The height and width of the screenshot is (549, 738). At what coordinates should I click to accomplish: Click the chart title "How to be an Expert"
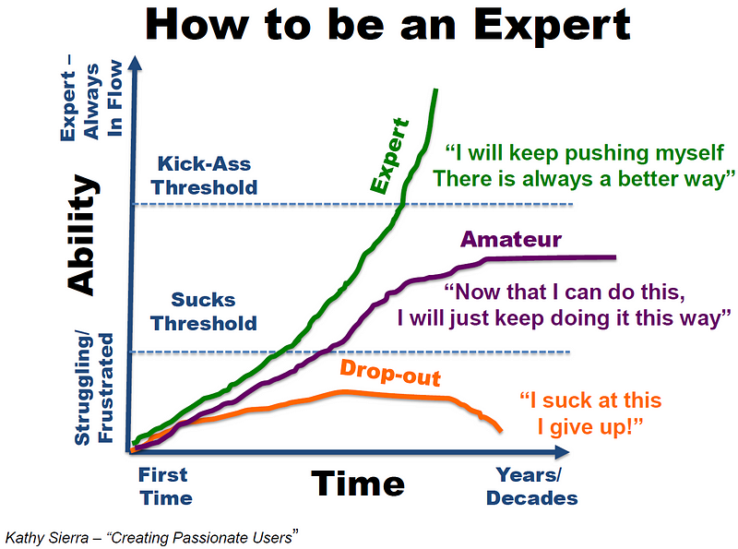coord(387,26)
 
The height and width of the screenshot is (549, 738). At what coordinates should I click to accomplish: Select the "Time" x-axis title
coord(358,483)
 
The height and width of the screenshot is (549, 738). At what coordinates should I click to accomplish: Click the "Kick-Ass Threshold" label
coord(204,175)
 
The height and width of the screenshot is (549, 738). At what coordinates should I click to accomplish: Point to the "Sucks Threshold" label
coord(203,312)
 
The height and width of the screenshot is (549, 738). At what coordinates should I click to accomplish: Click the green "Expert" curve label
coord(389,156)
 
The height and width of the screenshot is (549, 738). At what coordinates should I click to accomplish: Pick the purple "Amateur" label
coord(511,239)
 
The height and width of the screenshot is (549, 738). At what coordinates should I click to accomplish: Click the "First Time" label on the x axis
coord(165,486)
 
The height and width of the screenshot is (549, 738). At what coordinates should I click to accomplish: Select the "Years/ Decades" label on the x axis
coord(532,486)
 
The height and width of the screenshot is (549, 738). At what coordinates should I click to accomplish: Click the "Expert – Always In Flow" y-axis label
coord(91,100)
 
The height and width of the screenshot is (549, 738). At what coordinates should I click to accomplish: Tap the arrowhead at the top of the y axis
coord(135,63)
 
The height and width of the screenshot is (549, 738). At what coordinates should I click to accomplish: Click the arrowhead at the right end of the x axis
coord(563,452)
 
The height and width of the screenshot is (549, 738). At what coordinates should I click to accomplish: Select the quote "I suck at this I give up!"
coord(590,413)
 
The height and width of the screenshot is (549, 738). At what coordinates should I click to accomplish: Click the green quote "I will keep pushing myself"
coord(584,152)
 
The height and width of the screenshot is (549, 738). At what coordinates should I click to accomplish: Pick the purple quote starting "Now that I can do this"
coord(564,304)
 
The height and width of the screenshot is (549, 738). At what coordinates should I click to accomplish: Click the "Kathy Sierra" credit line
coord(151,537)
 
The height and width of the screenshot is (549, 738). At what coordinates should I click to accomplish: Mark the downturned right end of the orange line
coord(501,430)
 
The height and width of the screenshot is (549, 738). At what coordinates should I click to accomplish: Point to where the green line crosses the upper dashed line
coord(401,204)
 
